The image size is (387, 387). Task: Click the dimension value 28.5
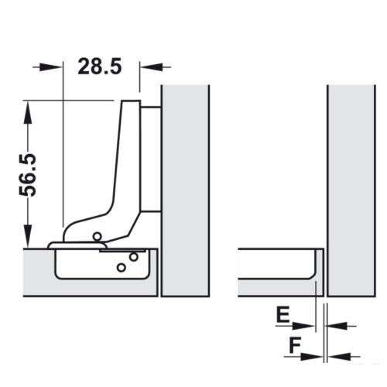100,67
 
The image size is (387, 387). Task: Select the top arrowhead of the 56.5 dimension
28,108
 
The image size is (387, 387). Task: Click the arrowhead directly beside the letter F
312,356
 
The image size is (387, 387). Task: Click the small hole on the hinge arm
96,235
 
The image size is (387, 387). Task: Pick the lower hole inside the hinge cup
120,267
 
